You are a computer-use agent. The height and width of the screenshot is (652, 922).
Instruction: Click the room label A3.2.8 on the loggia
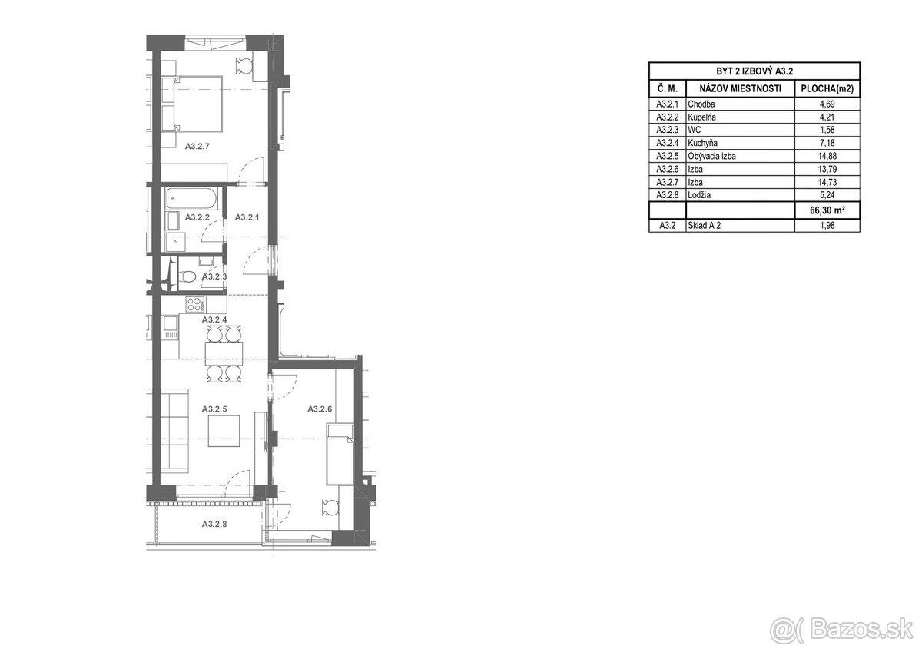point(214,525)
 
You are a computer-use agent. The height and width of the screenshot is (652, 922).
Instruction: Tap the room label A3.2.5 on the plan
point(214,409)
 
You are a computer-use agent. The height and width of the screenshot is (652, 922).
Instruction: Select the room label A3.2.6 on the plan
point(320,409)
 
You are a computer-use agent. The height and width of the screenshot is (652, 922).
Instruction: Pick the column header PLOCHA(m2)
point(827,89)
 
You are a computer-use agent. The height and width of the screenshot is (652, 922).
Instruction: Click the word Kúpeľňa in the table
point(705,117)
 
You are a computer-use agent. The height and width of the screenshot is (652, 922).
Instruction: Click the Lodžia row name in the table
point(701,194)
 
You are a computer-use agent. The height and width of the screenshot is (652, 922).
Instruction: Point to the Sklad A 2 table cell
point(705,225)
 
